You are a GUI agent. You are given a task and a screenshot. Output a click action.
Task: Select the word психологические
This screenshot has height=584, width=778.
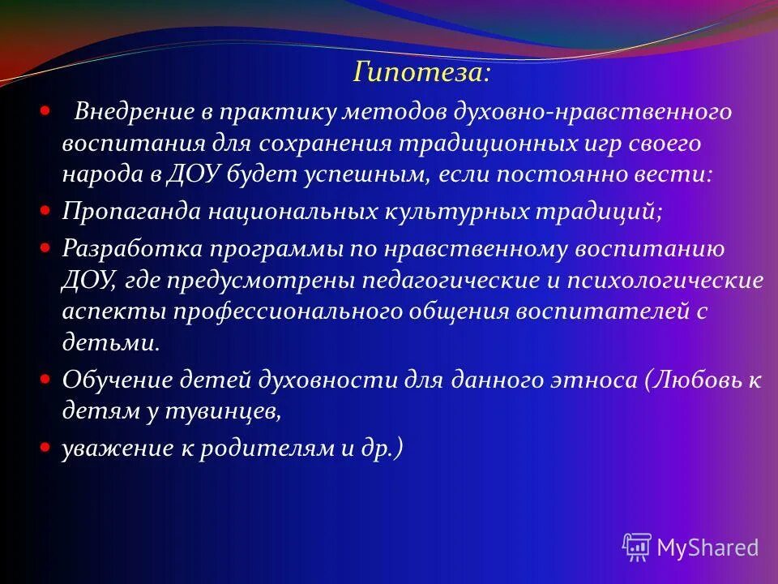point(658,281)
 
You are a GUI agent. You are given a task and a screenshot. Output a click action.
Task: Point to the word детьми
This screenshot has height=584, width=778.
point(109,342)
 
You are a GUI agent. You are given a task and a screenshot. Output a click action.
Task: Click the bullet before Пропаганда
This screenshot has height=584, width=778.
point(46,209)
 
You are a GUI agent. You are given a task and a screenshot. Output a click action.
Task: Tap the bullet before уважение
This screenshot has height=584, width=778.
point(46,447)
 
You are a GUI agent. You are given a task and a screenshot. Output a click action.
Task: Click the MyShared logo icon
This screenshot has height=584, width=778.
point(637,547)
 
